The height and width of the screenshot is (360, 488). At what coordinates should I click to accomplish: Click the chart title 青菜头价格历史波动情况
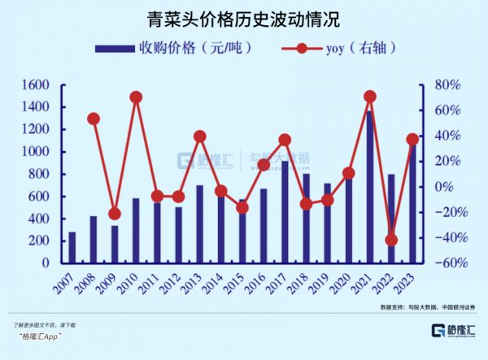pos(245,18)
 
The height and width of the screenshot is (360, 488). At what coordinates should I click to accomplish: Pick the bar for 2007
pos(72,247)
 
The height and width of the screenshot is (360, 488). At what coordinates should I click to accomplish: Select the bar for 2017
pos(285,211)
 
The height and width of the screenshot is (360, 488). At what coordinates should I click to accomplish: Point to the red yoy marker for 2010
pos(136,98)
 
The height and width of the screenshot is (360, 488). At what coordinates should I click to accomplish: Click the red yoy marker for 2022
pos(391,240)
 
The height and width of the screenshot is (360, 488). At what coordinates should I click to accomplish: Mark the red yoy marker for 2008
pos(94,119)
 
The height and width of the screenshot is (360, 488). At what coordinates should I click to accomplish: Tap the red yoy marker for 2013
pos(200,137)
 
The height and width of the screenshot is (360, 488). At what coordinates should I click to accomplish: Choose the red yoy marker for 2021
pos(370,97)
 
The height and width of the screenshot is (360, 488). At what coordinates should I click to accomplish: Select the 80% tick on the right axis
pos(447,85)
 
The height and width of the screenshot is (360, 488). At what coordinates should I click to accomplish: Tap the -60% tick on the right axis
pos(446,263)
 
